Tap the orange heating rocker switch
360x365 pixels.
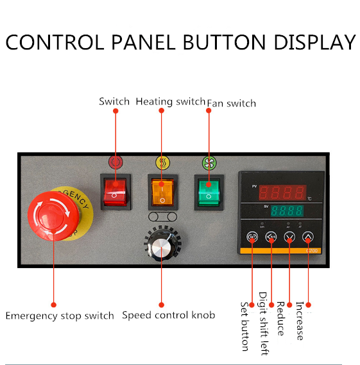[162, 192]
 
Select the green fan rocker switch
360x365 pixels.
[209, 192]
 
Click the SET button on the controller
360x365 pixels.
[252, 237]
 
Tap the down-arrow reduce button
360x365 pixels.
[289, 237]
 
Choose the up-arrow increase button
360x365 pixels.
[308, 237]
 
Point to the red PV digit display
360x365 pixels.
[282, 192]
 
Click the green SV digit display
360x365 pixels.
[287, 210]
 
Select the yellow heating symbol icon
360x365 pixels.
[162, 162]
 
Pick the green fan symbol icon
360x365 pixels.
[209, 163]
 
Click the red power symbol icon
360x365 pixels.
[116, 162]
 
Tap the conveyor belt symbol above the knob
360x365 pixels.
[162, 217]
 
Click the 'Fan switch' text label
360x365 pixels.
[232, 103]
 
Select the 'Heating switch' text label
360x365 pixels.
[171, 102]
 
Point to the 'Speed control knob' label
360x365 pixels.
[169, 315]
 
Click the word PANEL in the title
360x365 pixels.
[143, 42]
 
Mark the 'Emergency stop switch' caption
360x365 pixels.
[60, 316]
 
